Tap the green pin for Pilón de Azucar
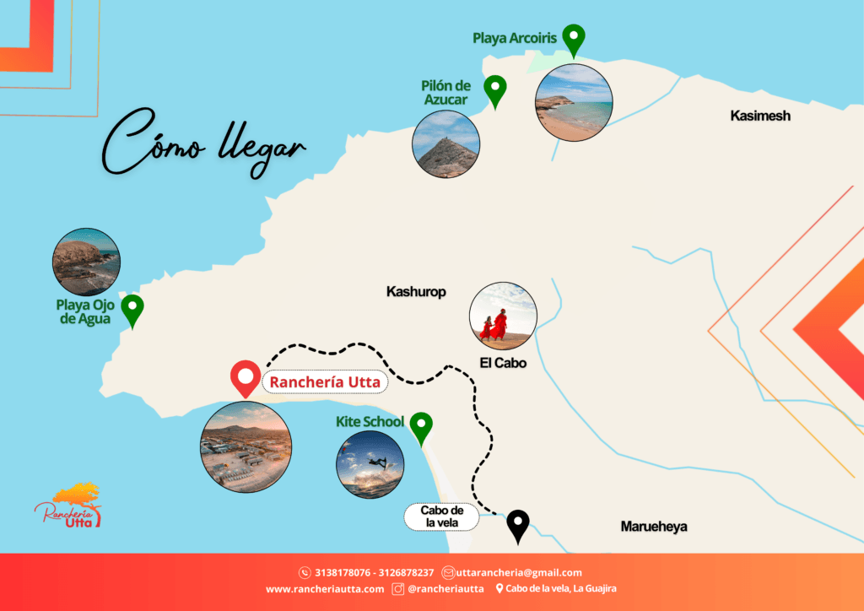(x=494, y=89)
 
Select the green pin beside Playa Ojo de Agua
(x=132, y=310)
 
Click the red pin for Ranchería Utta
(x=246, y=377)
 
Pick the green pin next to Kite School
(x=420, y=427)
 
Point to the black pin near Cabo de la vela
(x=517, y=526)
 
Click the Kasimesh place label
(x=760, y=116)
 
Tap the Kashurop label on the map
(x=416, y=292)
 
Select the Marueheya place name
(x=654, y=527)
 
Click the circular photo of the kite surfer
(x=370, y=464)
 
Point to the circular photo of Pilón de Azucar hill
(x=446, y=144)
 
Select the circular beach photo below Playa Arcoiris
(x=574, y=102)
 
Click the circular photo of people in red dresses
(x=503, y=316)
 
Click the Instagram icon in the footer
(x=398, y=589)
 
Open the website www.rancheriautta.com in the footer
(x=325, y=589)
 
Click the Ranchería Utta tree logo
(x=69, y=506)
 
